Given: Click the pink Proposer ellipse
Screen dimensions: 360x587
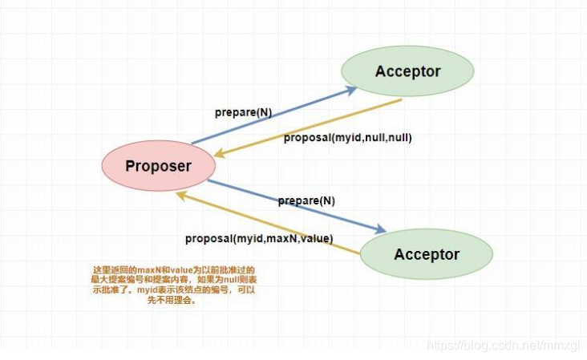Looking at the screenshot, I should pos(158,167).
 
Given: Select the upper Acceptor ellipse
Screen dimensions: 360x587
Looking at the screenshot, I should pos(407,71).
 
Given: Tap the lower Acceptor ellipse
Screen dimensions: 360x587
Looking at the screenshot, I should pos(426,255).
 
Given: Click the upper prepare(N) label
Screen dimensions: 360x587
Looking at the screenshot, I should pos(242,112).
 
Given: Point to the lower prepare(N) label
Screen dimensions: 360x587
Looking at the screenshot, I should pos(306,200).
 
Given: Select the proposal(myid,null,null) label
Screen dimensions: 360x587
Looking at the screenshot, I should pos(347,137).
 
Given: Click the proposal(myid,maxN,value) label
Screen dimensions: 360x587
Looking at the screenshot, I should pos(259,238).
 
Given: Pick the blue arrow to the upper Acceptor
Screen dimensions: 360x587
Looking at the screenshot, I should pos(273,116).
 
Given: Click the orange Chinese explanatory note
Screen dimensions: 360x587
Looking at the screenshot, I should pos(173,285).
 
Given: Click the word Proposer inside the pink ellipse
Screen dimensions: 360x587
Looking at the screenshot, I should pos(158,167).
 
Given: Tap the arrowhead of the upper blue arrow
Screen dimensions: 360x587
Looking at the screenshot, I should pos(353,88).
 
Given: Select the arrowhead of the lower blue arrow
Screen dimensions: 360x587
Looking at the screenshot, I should pos(383,231).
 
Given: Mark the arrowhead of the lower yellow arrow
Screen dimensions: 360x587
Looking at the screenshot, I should pos(181,195).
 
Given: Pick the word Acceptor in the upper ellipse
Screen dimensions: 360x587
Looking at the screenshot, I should pos(407,71).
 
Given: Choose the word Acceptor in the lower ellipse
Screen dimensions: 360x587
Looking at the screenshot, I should pos(426,255).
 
